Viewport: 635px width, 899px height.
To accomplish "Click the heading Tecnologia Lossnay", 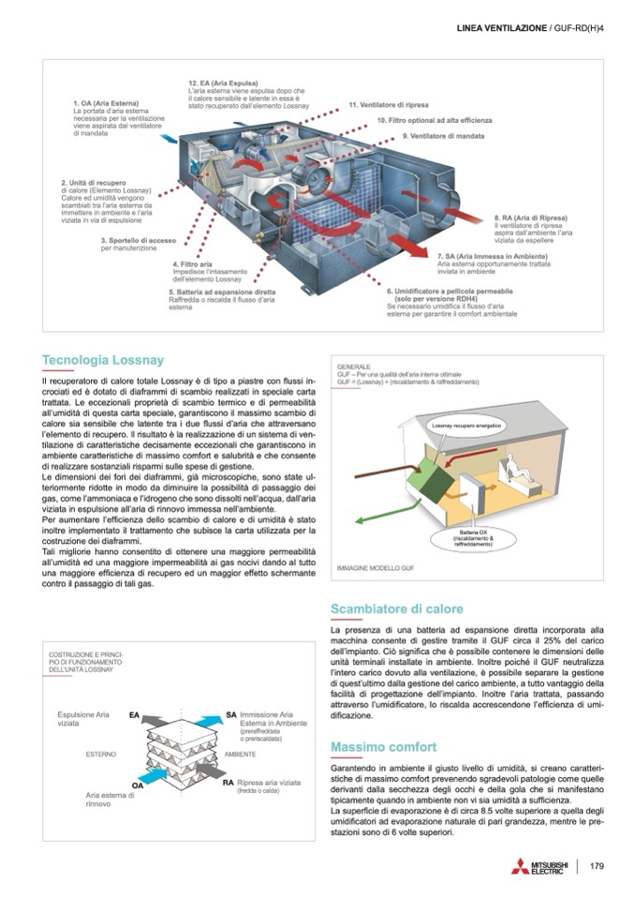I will click(103, 360).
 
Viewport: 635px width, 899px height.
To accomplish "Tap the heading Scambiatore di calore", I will click(397, 609).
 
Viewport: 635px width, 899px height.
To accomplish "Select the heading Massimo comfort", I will click(384, 746).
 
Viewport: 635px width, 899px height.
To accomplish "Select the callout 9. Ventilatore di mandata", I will click(444, 136).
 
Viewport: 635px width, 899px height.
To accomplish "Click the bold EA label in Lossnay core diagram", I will click(134, 714).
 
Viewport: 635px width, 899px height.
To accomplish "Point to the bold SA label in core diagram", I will click(230, 714).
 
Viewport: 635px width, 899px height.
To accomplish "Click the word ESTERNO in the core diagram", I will click(100, 753).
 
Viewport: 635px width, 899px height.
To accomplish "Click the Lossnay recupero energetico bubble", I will click(466, 426).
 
